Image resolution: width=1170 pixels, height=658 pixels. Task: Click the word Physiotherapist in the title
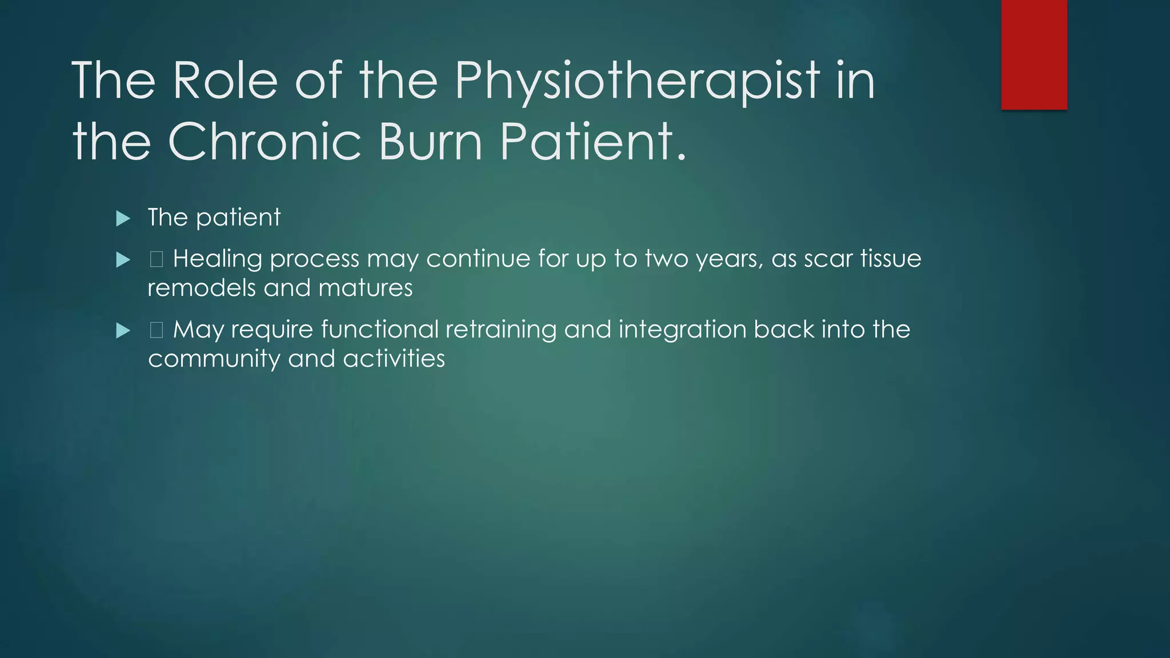(x=636, y=81)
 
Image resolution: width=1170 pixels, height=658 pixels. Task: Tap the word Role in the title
(x=225, y=81)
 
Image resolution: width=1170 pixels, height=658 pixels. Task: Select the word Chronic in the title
(x=265, y=142)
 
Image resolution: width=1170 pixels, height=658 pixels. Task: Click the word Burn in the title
(x=431, y=142)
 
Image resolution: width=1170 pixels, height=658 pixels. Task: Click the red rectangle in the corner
(x=1034, y=54)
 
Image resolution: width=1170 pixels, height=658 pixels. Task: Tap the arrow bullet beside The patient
(x=123, y=218)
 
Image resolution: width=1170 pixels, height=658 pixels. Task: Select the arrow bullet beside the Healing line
(x=123, y=260)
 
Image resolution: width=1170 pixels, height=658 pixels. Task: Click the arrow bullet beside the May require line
(x=123, y=331)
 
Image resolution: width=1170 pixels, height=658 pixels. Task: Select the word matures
(x=365, y=288)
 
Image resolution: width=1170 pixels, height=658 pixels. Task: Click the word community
(x=214, y=359)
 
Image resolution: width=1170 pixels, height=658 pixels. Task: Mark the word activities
(x=394, y=359)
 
